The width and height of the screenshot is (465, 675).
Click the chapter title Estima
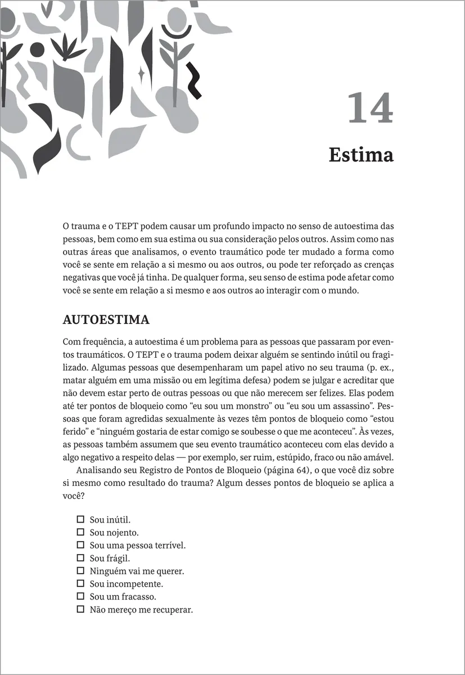[x=360, y=154]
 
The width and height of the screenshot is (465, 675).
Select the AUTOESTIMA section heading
[x=106, y=320]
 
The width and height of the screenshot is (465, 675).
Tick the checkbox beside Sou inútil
[x=80, y=519]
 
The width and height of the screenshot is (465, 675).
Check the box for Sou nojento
[x=80, y=532]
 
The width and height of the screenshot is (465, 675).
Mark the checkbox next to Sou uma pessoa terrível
[x=80, y=544]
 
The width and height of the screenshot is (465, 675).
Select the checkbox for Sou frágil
[x=80, y=557]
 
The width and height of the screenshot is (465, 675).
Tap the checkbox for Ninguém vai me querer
[x=80, y=570]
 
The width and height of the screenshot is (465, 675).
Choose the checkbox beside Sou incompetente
[x=80, y=583]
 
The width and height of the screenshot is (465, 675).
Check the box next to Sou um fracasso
[x=80, y=596]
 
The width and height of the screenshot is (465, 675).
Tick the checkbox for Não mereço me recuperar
[x=80, y=609]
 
